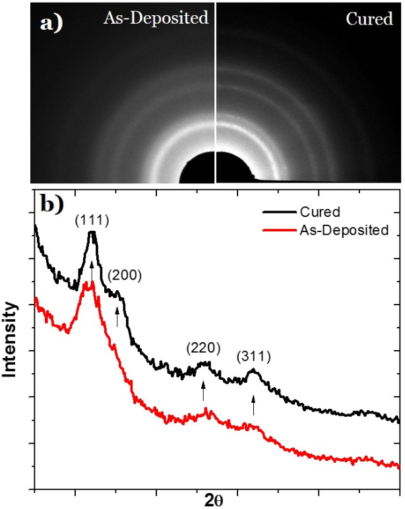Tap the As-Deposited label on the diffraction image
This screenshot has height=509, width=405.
156,18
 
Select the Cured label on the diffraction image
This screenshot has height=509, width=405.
369,19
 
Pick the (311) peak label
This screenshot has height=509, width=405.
254,357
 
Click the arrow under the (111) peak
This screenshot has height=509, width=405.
92,271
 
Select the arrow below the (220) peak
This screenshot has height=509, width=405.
203,392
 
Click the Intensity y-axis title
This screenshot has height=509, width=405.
11,340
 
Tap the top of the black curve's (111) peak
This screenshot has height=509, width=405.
92,233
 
